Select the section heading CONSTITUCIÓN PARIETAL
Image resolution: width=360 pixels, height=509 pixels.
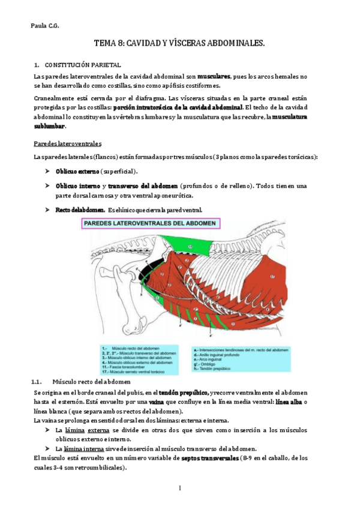(x=83, y=64)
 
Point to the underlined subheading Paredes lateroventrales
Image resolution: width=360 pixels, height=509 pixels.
(x=68, y=144)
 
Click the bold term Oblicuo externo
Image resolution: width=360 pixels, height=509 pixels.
(x=77, y=171)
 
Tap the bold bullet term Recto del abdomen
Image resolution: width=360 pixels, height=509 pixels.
(x=80, y=209)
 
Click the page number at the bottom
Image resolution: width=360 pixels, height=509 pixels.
(x=179, y=488)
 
